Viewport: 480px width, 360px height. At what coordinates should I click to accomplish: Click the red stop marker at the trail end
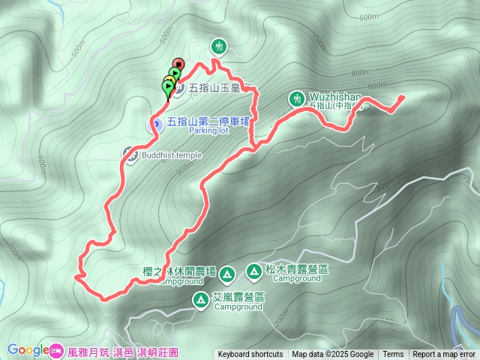pos(178,64)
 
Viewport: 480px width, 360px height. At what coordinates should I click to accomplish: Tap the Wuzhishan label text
pos(334,97)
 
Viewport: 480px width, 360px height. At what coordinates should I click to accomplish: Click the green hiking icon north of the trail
pos(218,46)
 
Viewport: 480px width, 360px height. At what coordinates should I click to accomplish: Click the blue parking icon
pos(157,124)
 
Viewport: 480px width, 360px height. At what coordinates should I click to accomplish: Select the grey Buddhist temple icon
pos(129,153)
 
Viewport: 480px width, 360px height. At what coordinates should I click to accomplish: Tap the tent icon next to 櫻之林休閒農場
pos(228,272)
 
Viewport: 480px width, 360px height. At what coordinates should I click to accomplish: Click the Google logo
pos(28,349)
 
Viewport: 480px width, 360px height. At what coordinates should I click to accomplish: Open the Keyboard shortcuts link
pos(250,355)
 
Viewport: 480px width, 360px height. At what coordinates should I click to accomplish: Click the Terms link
pos(393,355)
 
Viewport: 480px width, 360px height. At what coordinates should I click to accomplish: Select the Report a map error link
pos(445,355)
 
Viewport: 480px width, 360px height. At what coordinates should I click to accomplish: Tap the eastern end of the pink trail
pos(402,97)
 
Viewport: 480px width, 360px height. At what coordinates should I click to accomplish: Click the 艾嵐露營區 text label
pos(238,297)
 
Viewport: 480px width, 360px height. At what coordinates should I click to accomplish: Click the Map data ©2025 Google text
pos(333,355)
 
